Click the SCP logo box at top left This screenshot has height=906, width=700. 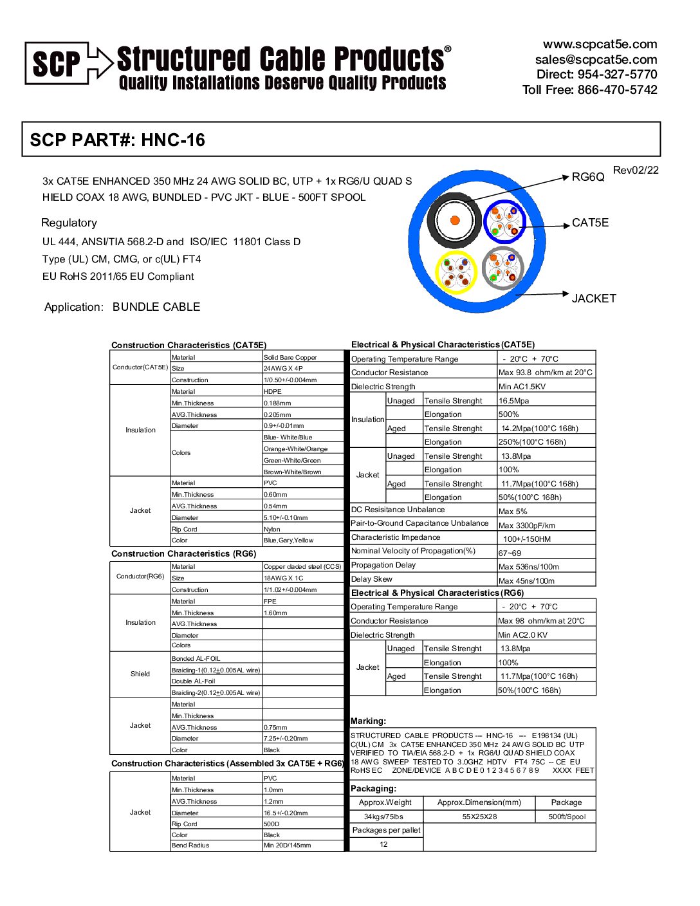pos(57,63)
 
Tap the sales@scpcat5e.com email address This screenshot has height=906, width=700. pos(596,59)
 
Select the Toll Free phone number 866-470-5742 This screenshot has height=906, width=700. pos(617,89)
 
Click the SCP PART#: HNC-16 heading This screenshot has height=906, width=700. pos(118,140)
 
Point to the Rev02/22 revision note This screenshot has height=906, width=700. pos(636,170)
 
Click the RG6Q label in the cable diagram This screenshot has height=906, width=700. pos(588,177)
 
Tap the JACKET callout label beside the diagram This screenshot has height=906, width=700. pos(594,299)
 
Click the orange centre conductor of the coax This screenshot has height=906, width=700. pos(455,221)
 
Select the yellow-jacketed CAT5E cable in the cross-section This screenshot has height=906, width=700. pos(457,272)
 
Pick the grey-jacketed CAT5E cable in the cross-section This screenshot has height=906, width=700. pos(503,268)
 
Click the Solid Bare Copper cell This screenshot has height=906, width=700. pos(290,357)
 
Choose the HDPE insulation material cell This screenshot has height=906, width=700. pos(273,391)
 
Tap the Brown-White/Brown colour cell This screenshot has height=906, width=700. pos(293,472)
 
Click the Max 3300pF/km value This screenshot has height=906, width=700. pos(527,525)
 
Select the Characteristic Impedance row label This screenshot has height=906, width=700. pos(396,537)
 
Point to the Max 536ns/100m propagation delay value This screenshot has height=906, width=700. pos(529,567)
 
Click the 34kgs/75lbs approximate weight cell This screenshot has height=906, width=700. pos(383,817)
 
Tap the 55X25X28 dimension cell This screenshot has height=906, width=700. pos(479,817)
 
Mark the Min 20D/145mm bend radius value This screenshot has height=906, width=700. pos(287,846)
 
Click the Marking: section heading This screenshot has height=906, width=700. pos(369,721)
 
